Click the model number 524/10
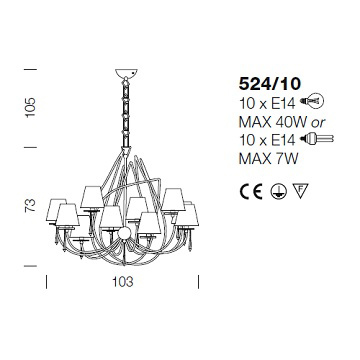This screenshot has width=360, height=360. (x=270, y=84)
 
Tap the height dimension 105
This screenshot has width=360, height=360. (x=30, y=107)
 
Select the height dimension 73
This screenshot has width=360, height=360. (x=30, y=205)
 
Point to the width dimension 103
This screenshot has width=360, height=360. (x=123, y=282)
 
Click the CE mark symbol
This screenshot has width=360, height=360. (x=251, y=192)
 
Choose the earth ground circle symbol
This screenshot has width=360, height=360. (x=279, y=192)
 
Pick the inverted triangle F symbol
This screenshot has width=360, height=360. (x=301, y=190)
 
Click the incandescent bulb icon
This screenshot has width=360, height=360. (x=312, y=100)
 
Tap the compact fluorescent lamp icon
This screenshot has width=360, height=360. (x=317, y=138)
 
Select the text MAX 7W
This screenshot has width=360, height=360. (x=268, y=159)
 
